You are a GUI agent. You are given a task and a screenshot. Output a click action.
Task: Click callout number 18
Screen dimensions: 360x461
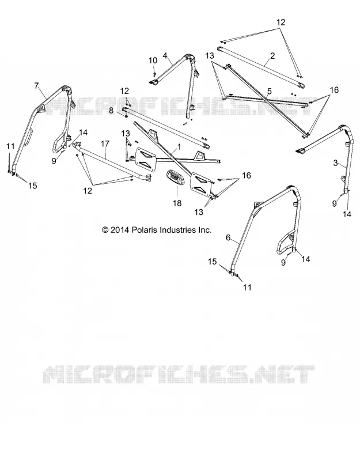177,203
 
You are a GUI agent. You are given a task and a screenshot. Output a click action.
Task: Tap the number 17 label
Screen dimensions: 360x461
105,143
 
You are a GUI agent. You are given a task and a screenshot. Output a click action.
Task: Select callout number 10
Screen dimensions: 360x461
153,61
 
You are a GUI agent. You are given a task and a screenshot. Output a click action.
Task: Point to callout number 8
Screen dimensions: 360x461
111,111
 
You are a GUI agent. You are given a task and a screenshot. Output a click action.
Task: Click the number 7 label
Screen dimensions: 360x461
36,86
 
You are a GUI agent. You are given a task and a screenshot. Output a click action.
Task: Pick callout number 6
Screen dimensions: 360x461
228,237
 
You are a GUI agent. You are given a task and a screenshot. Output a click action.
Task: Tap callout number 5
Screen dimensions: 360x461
270,92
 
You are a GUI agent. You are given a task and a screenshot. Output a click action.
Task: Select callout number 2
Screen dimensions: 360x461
272,55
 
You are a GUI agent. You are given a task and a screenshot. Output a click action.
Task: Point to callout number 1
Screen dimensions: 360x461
179,146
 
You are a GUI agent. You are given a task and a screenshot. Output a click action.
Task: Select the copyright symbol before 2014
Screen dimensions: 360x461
105,229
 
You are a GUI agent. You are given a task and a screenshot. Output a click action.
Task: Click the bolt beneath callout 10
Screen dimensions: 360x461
154,70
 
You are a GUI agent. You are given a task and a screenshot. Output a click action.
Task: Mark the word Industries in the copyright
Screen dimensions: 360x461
177,229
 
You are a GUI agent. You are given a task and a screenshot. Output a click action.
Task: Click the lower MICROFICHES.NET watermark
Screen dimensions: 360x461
179,375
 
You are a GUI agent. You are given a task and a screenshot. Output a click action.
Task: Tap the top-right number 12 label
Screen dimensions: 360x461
281,22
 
